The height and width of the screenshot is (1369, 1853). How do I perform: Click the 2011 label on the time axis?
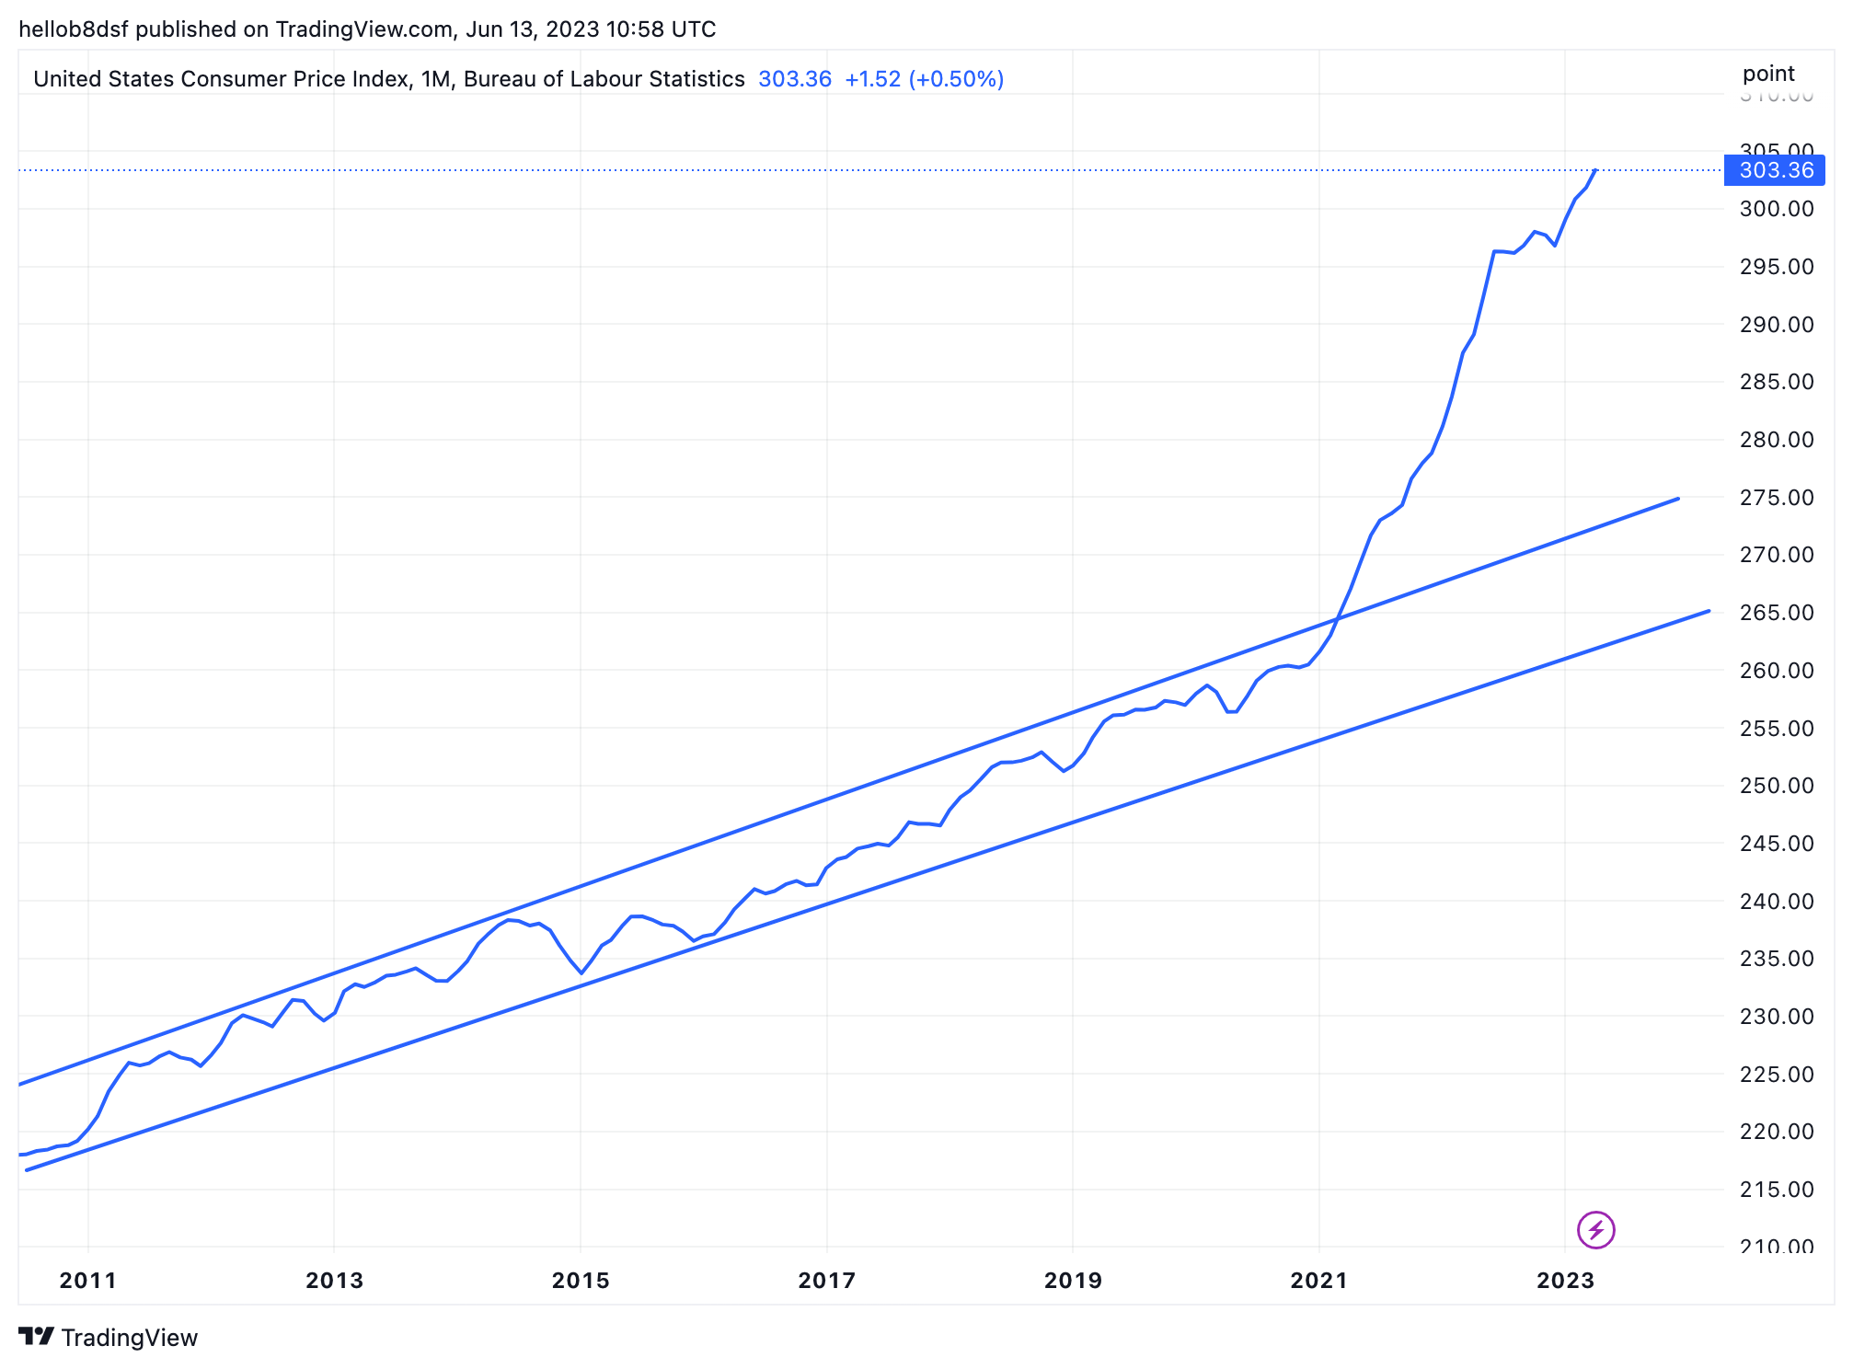coord(87,1280)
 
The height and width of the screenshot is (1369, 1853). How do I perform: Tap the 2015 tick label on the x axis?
coord(580,1280)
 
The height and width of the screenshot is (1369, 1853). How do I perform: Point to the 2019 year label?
coord(1072,1280)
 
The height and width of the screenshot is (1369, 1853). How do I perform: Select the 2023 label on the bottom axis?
coord(1564,1280)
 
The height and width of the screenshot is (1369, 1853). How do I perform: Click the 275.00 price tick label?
coord(1776,498)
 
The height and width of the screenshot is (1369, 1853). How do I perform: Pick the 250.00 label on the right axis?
coord(1776,786)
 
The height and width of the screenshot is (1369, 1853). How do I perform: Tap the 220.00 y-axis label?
coord(1776,1132)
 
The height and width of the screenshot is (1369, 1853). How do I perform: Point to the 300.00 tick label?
coord(1776,209)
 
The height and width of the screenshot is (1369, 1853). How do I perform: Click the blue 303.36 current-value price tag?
coord(1775,170)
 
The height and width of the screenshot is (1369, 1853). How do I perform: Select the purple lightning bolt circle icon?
coord(1595,1229)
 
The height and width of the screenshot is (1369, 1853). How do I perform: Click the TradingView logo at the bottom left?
coord(109,1337)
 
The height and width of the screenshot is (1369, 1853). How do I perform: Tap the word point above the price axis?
coord(1767,74)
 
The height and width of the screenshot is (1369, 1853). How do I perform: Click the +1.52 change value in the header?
coord(872,79)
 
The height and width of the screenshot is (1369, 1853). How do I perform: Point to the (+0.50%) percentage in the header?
coord(956,79)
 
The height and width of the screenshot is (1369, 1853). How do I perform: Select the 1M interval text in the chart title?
coord(435,79)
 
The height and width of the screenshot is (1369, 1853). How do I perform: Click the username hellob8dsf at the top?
coord(74,29)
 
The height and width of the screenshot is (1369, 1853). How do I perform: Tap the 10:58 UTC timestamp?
coord(660,29)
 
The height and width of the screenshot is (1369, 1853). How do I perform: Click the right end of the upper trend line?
coord(1678,499)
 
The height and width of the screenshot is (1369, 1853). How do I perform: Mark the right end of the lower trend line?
coord(1709,611)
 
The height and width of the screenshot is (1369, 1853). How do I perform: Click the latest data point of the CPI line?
coord(1595,170)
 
